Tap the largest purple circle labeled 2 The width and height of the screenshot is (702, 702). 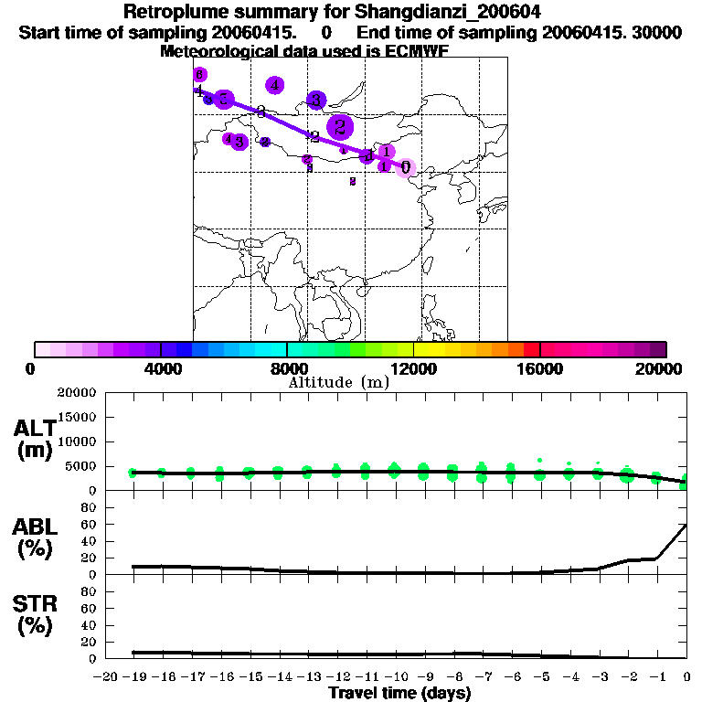340,127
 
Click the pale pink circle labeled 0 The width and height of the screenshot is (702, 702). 406,168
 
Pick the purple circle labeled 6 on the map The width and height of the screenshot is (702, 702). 200,75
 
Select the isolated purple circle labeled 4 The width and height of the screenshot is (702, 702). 274,85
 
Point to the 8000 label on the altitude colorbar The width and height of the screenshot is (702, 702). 287,368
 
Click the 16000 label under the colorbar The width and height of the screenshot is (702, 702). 540,368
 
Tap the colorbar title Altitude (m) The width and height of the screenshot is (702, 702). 338,382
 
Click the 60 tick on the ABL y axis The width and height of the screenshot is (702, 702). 90,525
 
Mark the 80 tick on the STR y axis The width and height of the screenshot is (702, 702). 90,591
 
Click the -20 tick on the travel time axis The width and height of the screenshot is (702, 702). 106,676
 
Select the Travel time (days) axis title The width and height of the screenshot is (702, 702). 399,693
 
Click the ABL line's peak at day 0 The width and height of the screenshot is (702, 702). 686,525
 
